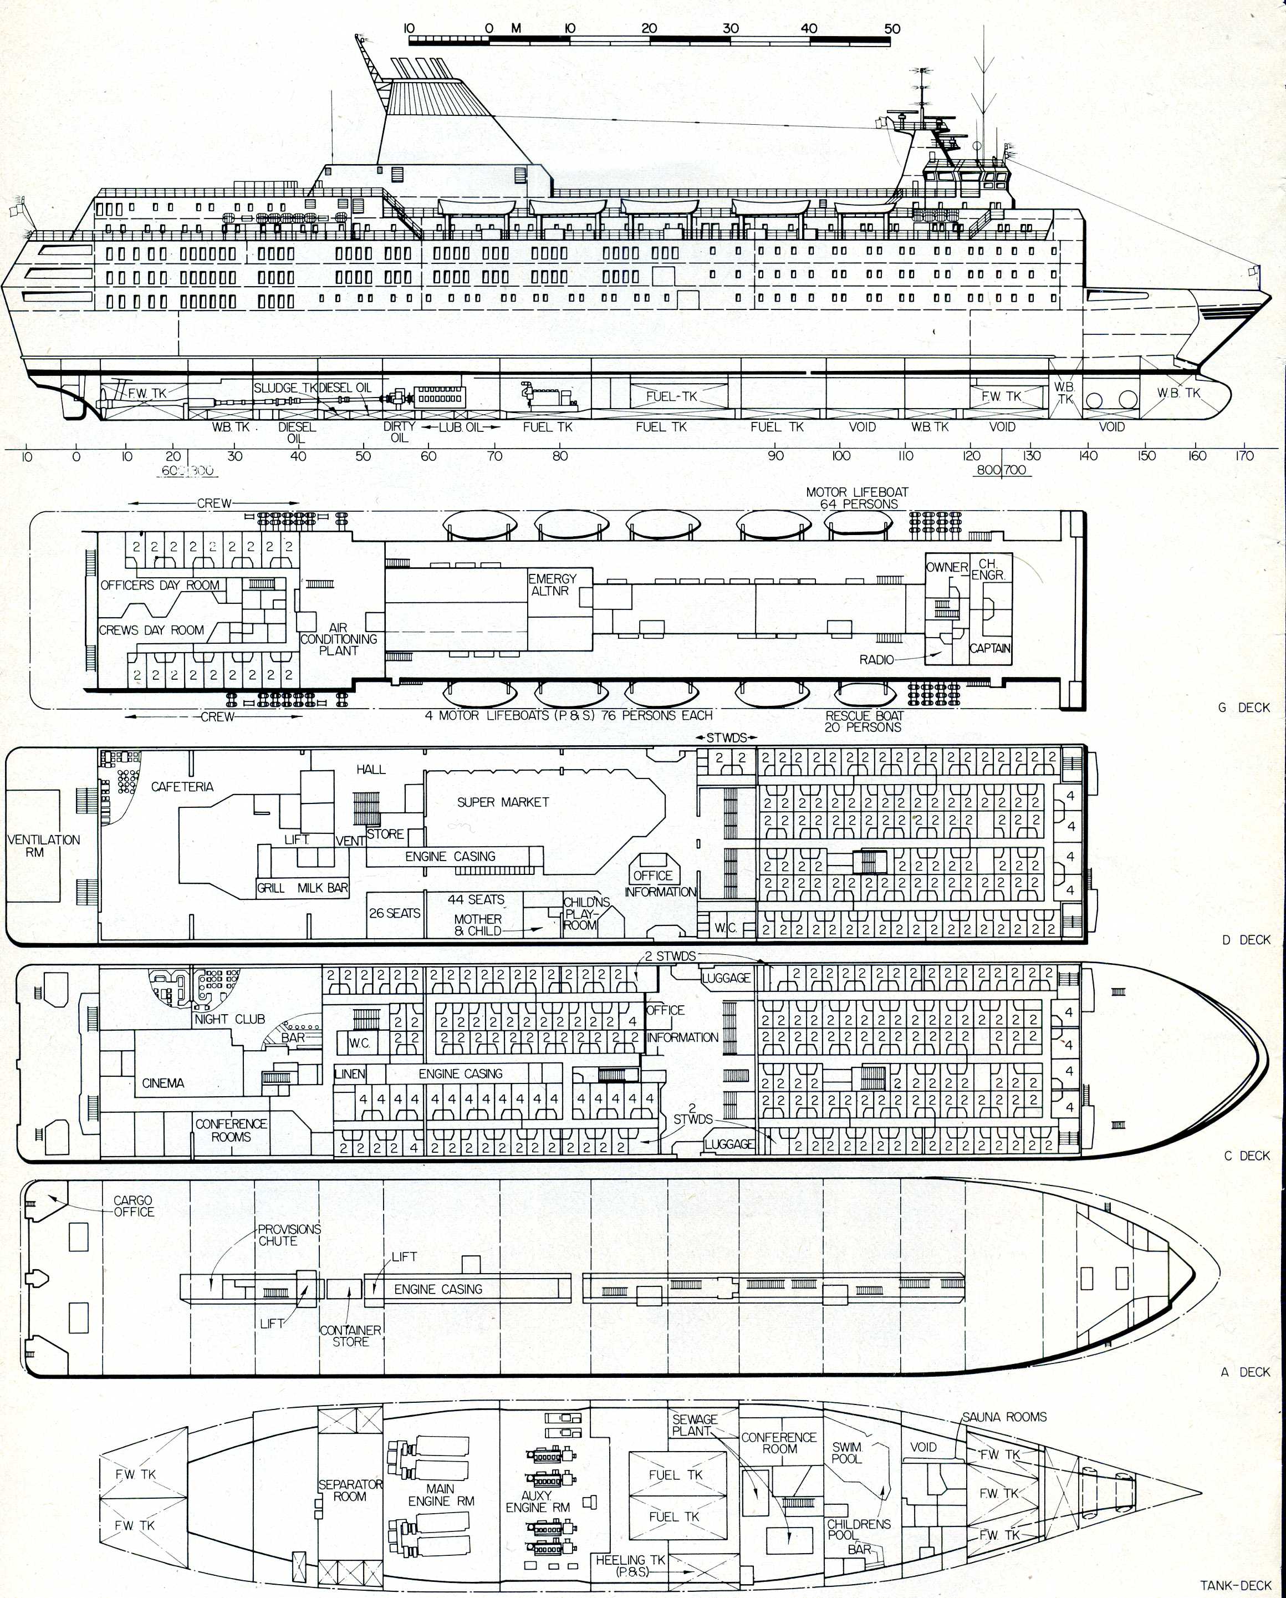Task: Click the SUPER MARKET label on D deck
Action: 503,802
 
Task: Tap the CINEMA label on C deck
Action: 163,1083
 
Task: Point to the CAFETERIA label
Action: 182,786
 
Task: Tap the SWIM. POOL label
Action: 847,1453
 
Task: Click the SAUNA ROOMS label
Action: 1004,1416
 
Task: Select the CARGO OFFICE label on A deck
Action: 134,1206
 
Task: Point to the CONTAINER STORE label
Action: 350,1336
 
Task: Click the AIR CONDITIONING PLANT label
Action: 339,639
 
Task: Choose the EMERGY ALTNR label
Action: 552,584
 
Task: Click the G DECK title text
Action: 1244,708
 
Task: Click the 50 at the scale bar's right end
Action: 892,28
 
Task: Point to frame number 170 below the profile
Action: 1244,456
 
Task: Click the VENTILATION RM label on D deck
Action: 43,846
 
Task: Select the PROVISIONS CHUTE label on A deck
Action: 289,1235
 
